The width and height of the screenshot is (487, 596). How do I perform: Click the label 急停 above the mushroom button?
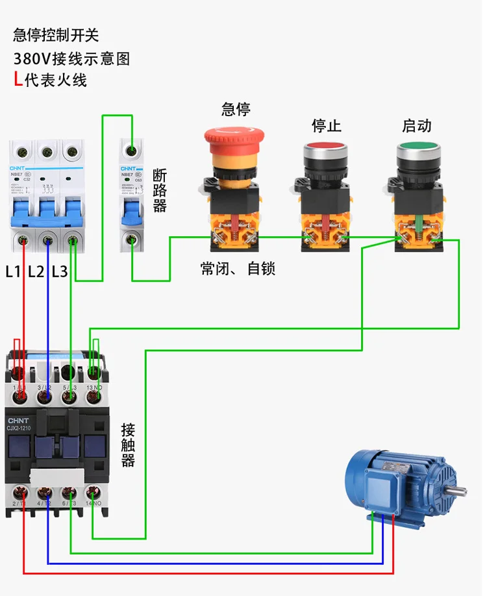236,108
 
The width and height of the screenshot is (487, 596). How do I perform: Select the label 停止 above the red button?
326,125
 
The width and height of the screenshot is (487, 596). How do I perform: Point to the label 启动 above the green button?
416,125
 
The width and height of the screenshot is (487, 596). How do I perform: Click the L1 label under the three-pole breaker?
14,271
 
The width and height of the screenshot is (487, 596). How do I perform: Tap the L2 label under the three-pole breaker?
36,271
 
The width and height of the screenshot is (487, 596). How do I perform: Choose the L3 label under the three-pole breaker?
60,271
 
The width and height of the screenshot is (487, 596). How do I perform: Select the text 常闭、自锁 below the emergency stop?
238,268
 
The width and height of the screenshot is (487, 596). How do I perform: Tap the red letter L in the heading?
18,81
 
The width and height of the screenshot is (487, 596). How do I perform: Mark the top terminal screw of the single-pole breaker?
132,151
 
